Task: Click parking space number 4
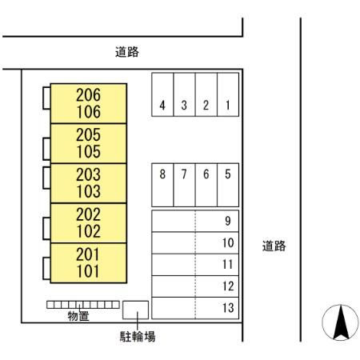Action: tap(162, 94)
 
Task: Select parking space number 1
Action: tap(228, 94)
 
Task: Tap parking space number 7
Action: tap(184, 185)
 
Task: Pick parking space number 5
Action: tap(228, 185)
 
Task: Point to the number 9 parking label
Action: tap(228, 221)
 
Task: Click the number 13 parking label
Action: tap(228, 308)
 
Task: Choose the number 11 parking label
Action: tap(228, 264)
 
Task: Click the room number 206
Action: tap(88, 95)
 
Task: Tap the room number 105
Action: tap(89, 152)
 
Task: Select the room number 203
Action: tap(88, 174)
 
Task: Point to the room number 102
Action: tap(89, 231)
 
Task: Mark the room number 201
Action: tap(88, 254)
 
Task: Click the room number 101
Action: tap(88, 271)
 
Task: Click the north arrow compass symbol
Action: tap(340, 322)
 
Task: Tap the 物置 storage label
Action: tap(78, 316)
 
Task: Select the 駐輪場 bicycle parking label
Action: tap(138, 337)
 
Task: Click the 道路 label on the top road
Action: tap(127, 52)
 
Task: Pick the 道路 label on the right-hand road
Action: tap(274, 246)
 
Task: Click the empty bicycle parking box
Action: tap(135, 310)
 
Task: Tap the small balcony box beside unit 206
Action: tap(46, 98)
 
